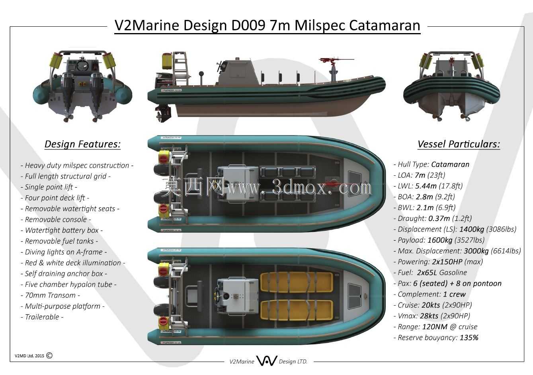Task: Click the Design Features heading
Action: point(82,144)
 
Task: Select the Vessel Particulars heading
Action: point(459,144)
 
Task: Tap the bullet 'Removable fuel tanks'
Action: point(59,241)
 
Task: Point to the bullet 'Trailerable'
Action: point(42,317)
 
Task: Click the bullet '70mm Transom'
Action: point(50,295)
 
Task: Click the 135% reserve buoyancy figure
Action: point(469,338)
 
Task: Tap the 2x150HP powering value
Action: point(447,262)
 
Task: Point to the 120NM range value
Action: point(435,327)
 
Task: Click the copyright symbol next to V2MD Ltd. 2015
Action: point(49,355)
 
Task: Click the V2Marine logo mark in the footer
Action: point(267,361)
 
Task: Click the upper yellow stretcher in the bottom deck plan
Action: point(296,283)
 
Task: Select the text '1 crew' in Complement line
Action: point(454,294)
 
